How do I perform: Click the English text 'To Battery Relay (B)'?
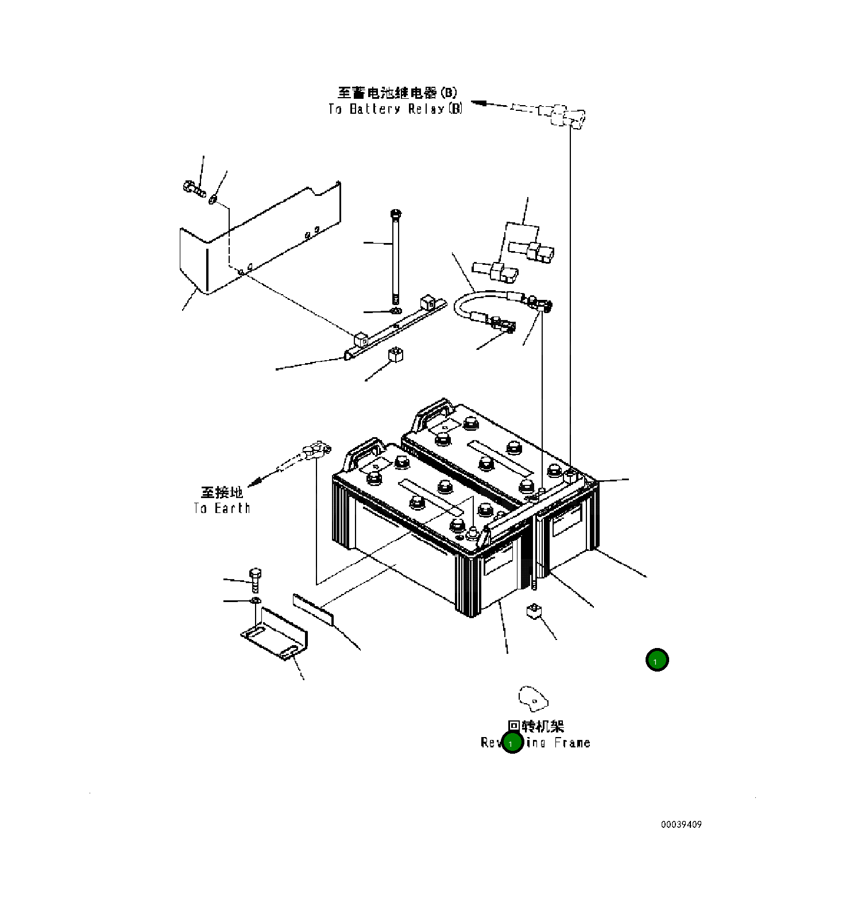click(x=395, y=109)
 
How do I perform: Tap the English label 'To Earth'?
click(x=222, y=508)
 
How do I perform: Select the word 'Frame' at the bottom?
click(x=572, y=743)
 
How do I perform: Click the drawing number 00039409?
click(x=681, y=824)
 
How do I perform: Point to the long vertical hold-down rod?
click(x=395, y=259)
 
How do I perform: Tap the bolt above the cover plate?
click(x=195, y=188)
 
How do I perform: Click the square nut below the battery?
click(x=534, y=611)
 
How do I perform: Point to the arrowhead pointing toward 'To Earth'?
click(x=256, y=479)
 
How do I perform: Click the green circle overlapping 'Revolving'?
click(x=512, y=743)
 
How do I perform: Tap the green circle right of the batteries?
click(x=656, y=660)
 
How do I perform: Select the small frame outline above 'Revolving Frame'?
click(x=533, y=697)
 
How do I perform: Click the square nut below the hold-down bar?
click(x=395, y=354)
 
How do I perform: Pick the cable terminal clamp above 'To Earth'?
click(x=315, y=450)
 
